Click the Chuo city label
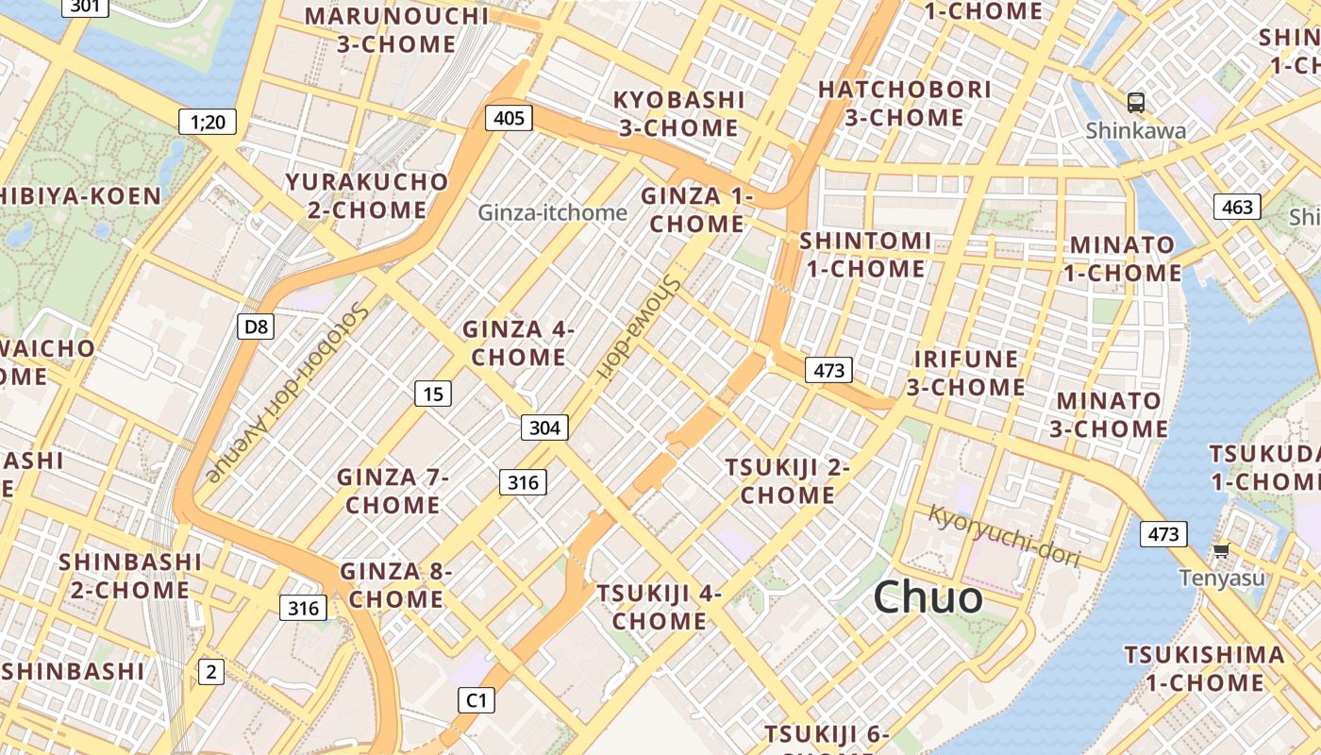pyautogui.click(x=928, y=597)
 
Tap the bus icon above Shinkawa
pyautogui.click(x=1136, y=103)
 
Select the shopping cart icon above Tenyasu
pyautogui.click(x=1221, y=550)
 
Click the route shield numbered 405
pyautogui.click(x=509, y=118)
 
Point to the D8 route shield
pyautogui.click(x=256, y=327)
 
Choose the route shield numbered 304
pyautogui.click(x=544, y=428)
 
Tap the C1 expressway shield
pyautogui.click(x=477, y=700)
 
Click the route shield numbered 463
pyautogui.click(x=1237, y=207)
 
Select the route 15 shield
pyautogui.click(x=433, y=394)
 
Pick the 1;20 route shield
pyautogui.click(x=208, y=121)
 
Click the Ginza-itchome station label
pyautogui.click(x=552, y=212)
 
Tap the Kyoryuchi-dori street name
pyautogui.click(x=1004, y=535)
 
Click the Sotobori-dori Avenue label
pyautogui.click(x=285, y=391)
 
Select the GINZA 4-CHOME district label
pyautogui.click(x=518, y=344)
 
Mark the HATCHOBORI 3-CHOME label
pyautogui.click(x=904, y=104)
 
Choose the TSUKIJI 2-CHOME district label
pyautogui.click(x=787, y=481)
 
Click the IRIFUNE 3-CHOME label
pyautogui.click(x=966, y=373)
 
